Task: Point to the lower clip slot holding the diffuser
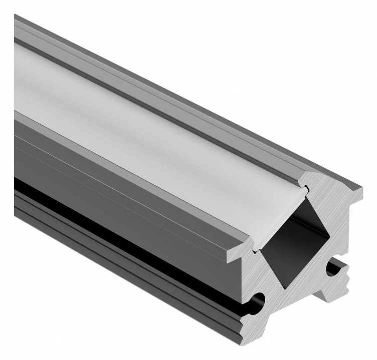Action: (253, 245)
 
